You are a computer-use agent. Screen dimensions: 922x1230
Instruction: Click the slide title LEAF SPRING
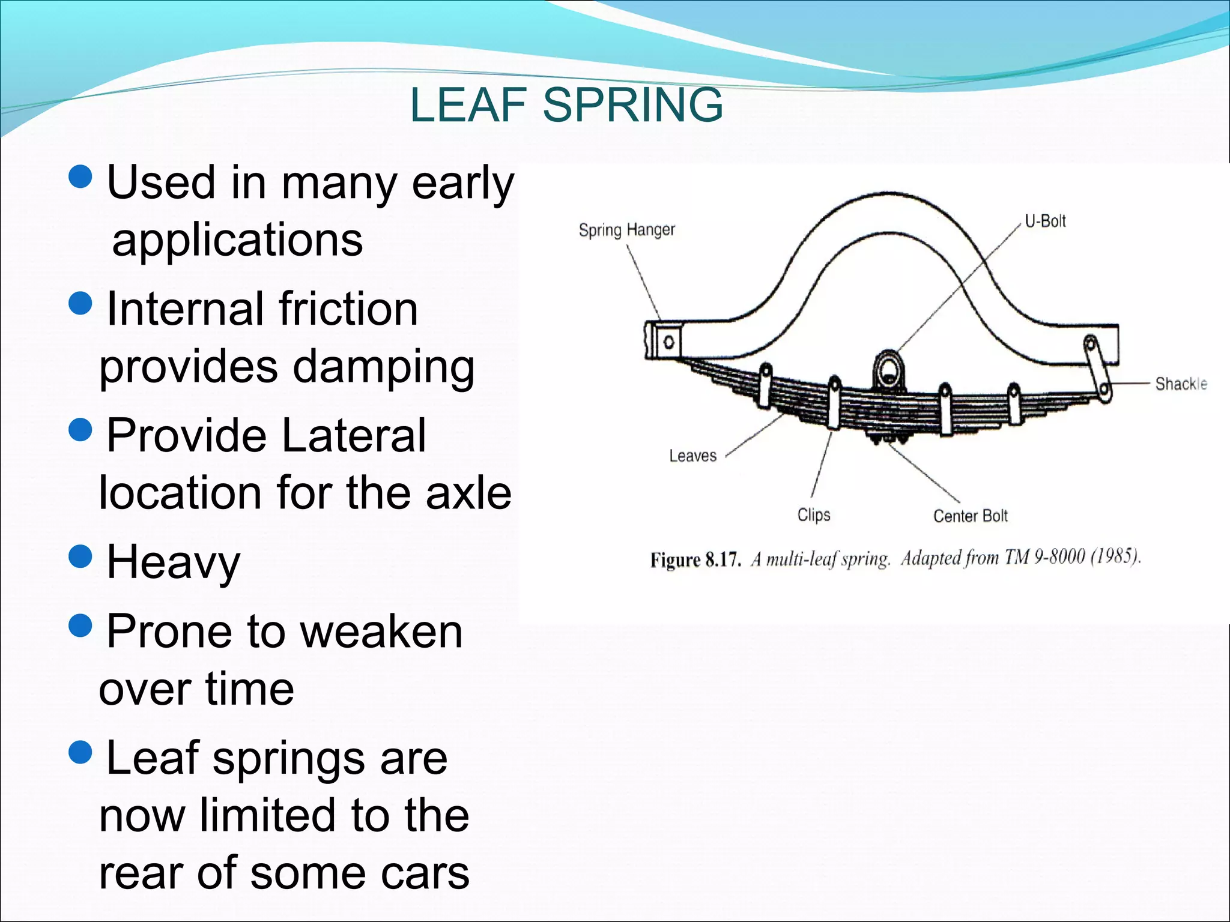click(x=566, y=105)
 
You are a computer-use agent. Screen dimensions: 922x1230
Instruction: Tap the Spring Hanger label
click(x=626, y=230)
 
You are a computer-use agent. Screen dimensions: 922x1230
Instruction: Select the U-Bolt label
click(x=1044, y=221)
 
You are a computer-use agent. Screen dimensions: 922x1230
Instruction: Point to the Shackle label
click(x=1180, y=384)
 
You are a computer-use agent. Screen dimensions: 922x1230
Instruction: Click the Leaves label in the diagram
click(x=692, y=456)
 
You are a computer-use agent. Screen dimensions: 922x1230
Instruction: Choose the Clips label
click(x=813, y=515)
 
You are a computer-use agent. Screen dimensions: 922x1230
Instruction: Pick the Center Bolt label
click(x=970, y=516)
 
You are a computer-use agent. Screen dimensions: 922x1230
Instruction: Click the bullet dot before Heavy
click(x=80, y=556)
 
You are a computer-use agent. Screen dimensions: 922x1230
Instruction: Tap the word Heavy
click(x=173, y=563)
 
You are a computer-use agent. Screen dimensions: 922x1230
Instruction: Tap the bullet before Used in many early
click(x=80, y=176)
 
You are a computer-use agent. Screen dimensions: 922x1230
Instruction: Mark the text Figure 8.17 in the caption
click(x=695, y=560)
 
